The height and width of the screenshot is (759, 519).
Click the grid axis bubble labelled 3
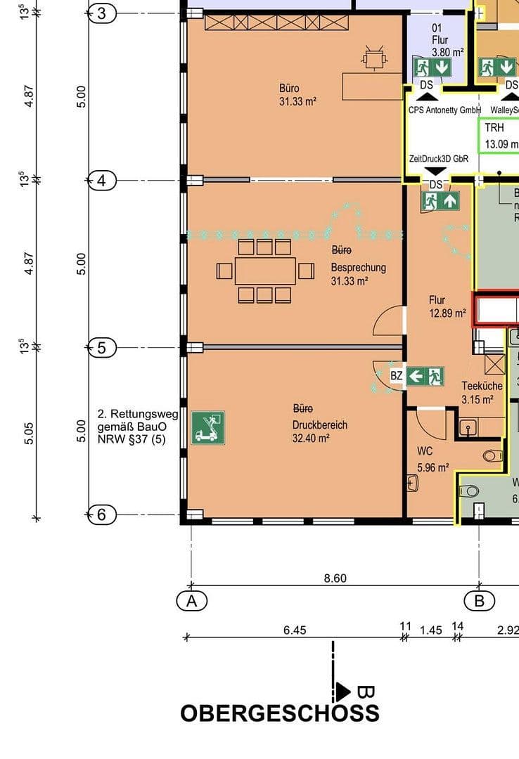[x=102, y=13]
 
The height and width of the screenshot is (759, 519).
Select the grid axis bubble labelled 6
[x=102, y=515]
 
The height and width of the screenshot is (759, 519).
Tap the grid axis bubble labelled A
[x=191, y=601]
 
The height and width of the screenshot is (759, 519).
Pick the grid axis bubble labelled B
[x=480, y=601]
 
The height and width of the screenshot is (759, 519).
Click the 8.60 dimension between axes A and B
[x=335, y=578]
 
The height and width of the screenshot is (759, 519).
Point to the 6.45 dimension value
[x=295, y=630]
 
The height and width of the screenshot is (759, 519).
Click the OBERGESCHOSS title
[x=280, y=713]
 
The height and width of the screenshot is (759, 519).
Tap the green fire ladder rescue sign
[x=207, y=427]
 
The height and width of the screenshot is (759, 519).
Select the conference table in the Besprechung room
[x=265, y=271]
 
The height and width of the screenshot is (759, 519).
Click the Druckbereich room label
[x=320, y=425]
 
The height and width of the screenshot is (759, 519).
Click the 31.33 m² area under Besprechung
[x=350, y=281]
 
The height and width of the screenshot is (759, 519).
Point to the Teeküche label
[x=482, y=386]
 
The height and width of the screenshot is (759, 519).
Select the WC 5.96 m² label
[x=432, y=459]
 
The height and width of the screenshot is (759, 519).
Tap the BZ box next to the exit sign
[x=397, y=376]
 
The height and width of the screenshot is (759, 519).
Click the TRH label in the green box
[x=494, y=129]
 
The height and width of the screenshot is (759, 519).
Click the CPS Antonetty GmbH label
[x=444, y=110]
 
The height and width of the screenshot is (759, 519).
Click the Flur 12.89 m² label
[x=447, y=306]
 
